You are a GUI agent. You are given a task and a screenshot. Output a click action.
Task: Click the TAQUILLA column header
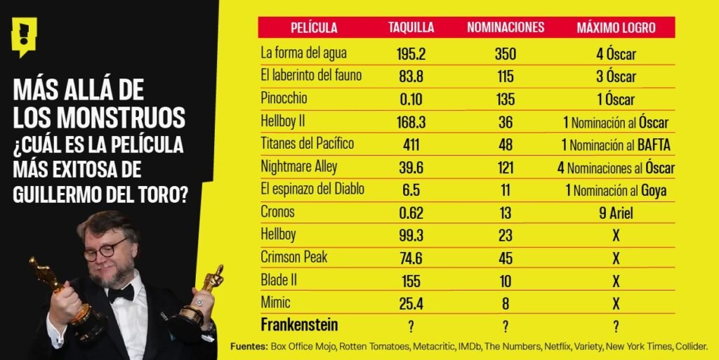pyautogui.click(x=411, y=28)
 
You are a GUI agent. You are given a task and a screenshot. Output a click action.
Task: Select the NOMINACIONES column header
pyautogui.click(x=506, y=28)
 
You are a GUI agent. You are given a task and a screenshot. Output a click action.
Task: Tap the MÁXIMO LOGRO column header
pyautogui.click(x=616, y=28)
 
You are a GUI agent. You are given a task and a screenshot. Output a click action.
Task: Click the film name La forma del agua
pyautogui.click(x=303, y=53)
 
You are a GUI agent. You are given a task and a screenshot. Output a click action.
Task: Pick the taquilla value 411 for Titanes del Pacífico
pyautogui.click(x=411, y=145)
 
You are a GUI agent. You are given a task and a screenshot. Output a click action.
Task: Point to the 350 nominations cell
pyautogui.click(x=504, y=53)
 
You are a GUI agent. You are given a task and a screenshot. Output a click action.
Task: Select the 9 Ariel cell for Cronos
pyautogui.click(x=616, y=213)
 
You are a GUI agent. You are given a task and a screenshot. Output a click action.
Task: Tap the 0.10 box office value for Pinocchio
pyautogui.click(x=411, y=99)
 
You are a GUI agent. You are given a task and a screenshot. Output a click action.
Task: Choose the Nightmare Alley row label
pyautogui.click(x=299, y=167)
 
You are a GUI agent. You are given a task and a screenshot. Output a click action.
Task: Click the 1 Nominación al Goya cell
pyautogui.click(x=615, y=190)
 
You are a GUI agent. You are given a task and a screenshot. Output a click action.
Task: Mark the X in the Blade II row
pyautogui.click(x=616, y=281)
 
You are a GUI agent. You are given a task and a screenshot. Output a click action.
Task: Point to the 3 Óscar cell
pyautogui.click(x=616, y=76)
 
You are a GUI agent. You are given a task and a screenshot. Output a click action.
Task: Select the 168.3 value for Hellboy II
pyautogui.click(x=411, y=122)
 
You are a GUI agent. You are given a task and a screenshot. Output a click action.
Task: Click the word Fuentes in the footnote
pyautogui.click(x=248, y=347)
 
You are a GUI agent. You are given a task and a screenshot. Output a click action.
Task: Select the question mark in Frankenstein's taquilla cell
pyautogui.click(x=411, y=326)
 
